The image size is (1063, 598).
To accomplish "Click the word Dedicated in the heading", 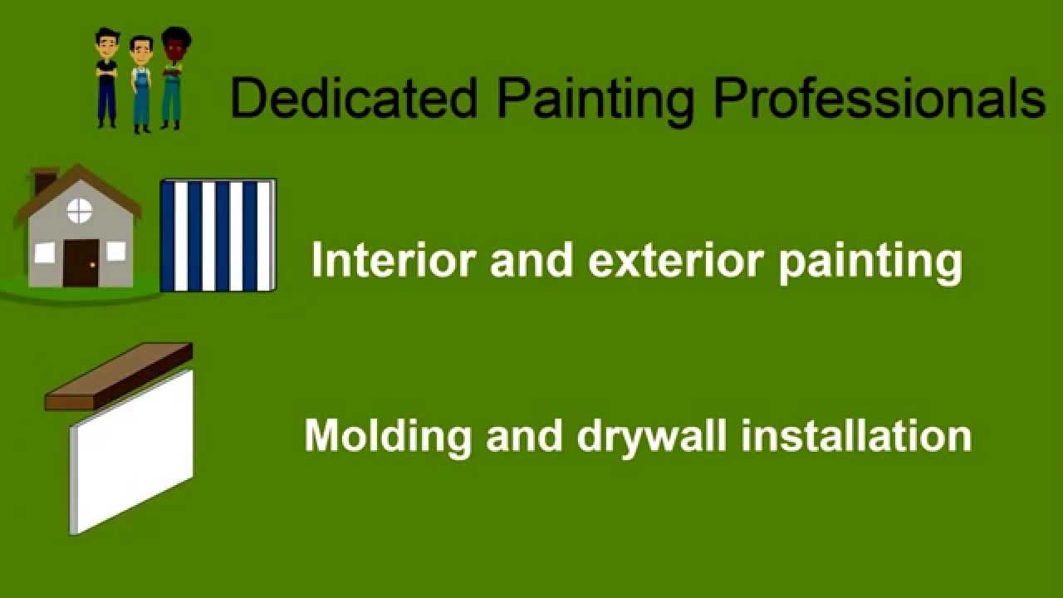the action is coord(354,97).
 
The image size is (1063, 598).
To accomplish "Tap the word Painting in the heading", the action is coord(595,101).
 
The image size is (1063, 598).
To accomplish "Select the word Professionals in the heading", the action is coord(879,97).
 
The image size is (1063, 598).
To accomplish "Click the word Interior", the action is coord(394,260).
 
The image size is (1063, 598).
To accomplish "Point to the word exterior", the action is coord(675,261).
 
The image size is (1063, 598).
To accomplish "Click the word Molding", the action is coord(388,437).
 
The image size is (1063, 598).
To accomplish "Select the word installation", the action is coord(856,435).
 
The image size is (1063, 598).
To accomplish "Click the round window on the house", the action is coord(79,211).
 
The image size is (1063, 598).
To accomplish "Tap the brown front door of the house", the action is coord(81,263).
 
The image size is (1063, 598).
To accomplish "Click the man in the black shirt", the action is coord(107,78).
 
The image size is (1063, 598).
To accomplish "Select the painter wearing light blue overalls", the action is coord(141,84).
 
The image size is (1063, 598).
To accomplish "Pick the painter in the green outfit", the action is coord(174,78).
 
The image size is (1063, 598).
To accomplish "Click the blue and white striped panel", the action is coord(218,235).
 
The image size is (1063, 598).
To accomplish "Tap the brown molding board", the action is coord(119,376).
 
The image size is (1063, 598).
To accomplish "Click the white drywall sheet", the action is coord(131,452).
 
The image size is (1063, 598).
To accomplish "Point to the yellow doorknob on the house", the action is coord(92,265).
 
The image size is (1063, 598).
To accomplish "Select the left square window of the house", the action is coord(45,252).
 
